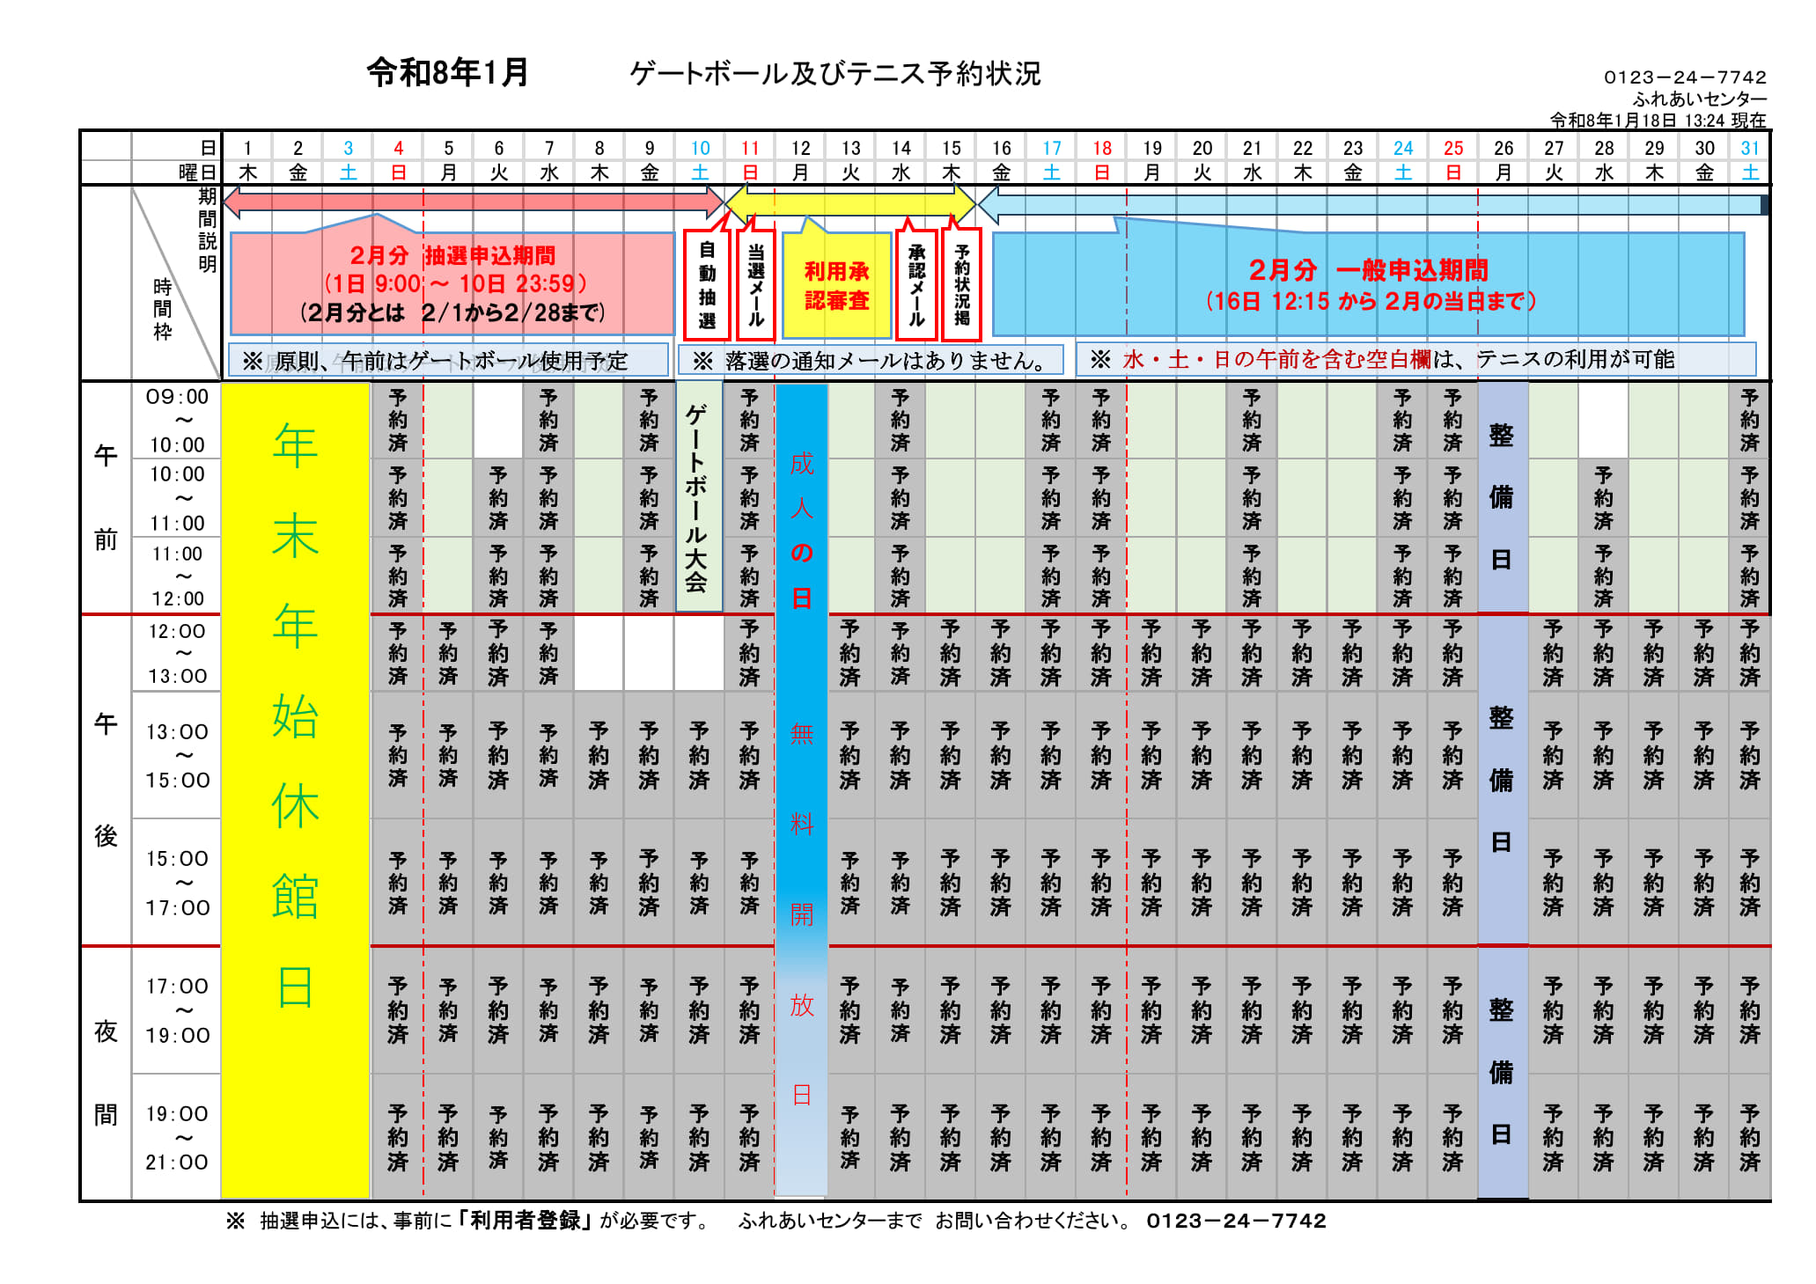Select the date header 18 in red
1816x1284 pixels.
tap(1101, 148)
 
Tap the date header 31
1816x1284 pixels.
tap(1749, 148)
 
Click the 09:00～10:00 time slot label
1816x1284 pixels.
tap(177, 421)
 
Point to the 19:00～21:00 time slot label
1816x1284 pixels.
tap(177, 1138)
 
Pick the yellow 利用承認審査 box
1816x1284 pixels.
tap(836, 286)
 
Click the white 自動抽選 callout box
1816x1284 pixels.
tap(707, 285)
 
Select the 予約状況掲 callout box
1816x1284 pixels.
tap(962, 285)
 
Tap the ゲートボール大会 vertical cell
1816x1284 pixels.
tap(698, 498)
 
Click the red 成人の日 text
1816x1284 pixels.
tap(801, 531)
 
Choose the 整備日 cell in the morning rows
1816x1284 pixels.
tap(1502, 498)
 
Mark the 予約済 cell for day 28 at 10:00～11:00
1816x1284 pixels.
tap(1604, 498)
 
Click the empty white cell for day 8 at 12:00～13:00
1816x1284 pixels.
tap(599, 653)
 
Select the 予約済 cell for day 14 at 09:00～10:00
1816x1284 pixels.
tap(900, 421)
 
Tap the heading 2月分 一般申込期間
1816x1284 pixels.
tap(1368, 269)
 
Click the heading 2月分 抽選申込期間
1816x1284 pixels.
tap(452, 255)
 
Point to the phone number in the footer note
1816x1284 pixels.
tap(1236, 1221)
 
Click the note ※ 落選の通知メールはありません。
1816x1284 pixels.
tap(870, 361)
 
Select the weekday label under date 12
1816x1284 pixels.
tap(800, 172)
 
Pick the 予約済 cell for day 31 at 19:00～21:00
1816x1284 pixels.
tap(1749, 1138)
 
